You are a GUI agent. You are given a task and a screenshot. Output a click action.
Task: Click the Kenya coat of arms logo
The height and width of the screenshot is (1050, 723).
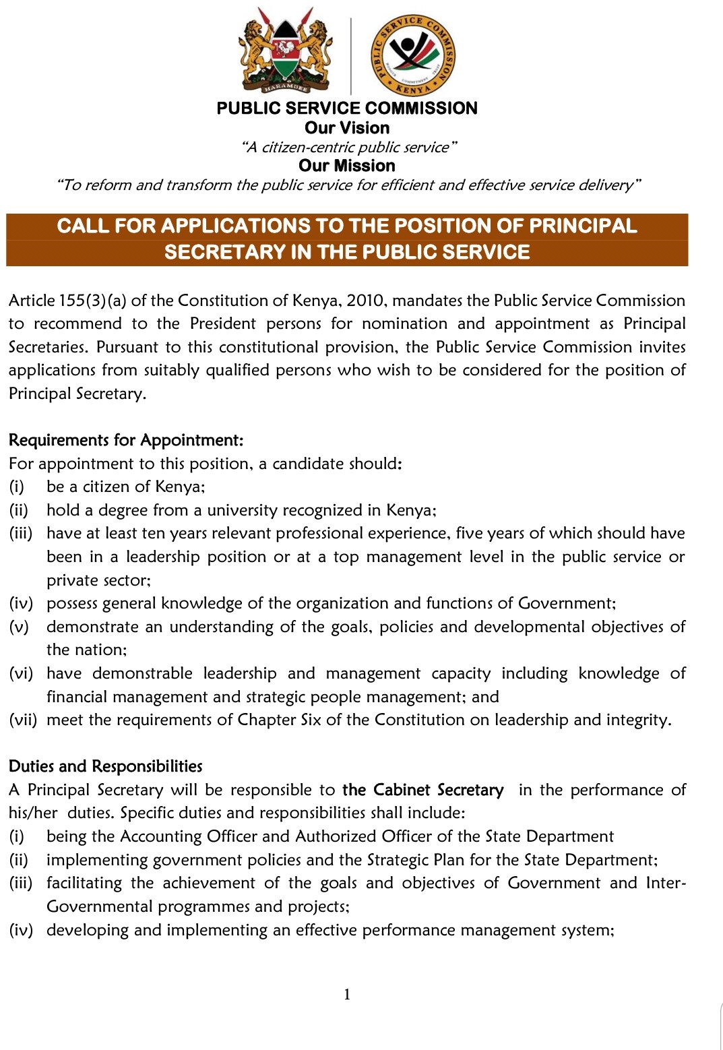tap(286, 51)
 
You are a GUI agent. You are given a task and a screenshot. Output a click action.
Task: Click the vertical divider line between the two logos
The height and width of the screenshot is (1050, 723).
tap(351, 55)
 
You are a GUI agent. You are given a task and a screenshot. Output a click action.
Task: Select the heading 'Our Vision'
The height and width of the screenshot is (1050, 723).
tap(347, 128)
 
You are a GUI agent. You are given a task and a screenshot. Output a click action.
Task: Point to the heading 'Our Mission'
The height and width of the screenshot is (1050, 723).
tap(347, 166)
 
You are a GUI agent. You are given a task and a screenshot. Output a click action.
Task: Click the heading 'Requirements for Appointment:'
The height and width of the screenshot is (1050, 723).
tap(126, 440)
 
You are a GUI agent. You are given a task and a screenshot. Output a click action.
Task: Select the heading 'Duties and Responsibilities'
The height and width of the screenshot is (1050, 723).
tap(106, 766)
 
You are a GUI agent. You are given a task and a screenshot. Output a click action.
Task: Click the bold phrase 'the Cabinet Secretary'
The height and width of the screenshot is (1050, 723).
tap(422, 790)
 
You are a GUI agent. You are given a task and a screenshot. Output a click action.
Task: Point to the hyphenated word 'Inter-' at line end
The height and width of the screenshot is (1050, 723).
tap(666, 883)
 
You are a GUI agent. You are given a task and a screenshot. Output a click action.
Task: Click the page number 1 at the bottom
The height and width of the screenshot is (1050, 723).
tap(347, 994)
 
